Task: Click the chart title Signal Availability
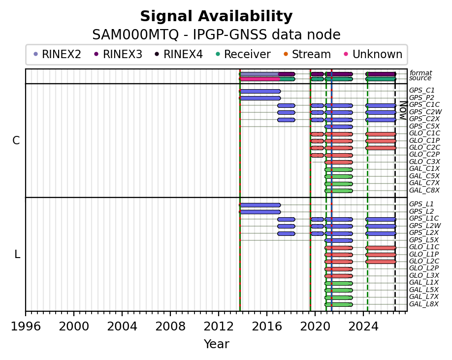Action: point(216,16)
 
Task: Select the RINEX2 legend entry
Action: point(58,54)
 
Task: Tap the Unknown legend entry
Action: point(374,54)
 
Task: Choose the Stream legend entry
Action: point(307,54)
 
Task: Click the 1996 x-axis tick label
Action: point(26,327)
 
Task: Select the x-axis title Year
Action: point(217,344)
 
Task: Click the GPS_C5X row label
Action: point(424,126)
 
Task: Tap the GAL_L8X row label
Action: point(424,304)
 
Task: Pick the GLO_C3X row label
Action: point(424,162)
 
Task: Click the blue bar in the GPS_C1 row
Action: point(260,92)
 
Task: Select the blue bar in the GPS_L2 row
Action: point(260,212)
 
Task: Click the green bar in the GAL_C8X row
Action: point(339,191)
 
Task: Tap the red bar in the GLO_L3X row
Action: point(339,276)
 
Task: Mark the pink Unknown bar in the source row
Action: point(259,79)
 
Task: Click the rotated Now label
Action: point(404,110)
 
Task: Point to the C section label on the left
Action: point(16,141)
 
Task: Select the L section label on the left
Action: point(17,255)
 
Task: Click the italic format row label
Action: point(420,73)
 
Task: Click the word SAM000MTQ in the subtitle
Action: point(135,35)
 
